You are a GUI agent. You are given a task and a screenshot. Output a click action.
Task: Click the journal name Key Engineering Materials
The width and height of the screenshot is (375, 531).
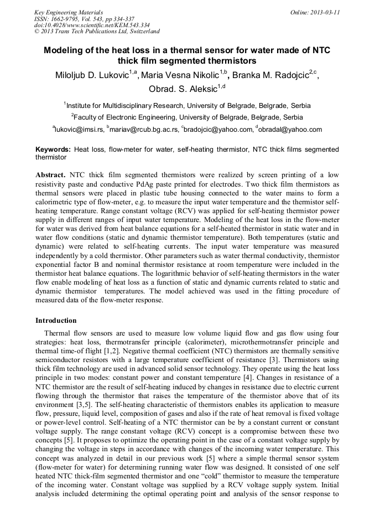click(69, 12)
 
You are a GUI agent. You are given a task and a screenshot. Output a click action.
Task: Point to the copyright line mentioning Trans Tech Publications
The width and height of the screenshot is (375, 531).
click(97, 32)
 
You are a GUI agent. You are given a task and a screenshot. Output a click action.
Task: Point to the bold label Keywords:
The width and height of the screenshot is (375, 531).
click(53, 149)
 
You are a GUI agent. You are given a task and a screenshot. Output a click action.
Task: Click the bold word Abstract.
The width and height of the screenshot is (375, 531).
click(51, 174)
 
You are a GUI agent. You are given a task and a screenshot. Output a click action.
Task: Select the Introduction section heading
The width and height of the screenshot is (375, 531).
click(56, 320)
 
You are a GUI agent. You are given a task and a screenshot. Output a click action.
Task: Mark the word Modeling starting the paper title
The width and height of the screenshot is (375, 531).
click(63, 50)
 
